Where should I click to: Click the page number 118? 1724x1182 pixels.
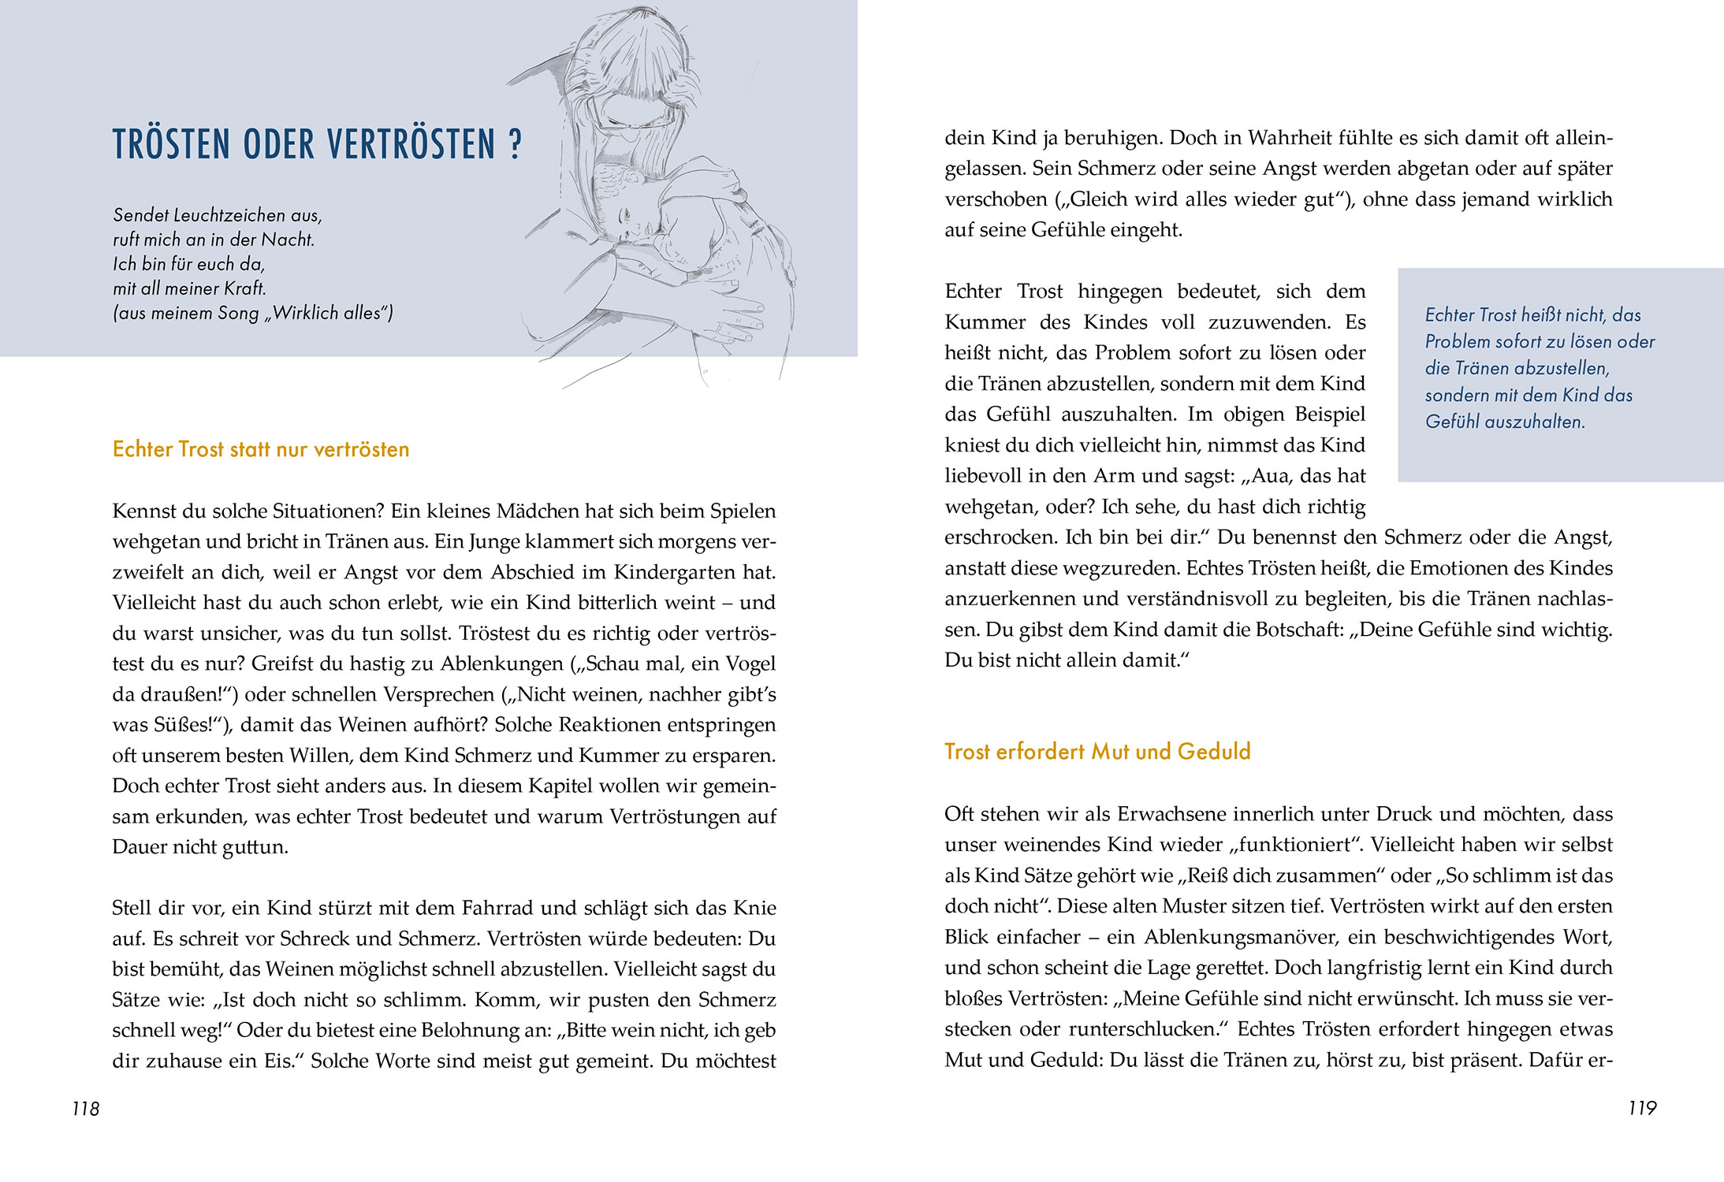click(x=85, y=1109)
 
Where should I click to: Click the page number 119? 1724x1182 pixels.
click(x=1642, y=1108)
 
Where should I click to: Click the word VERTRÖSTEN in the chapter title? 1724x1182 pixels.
click(x=411, y=145)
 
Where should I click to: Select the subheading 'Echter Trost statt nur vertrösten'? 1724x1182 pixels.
click(x=261, y=449)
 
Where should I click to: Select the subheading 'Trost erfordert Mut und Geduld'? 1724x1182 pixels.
click(x=1097, y=751)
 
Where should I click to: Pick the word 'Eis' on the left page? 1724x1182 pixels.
click(x=277, y=1061)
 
